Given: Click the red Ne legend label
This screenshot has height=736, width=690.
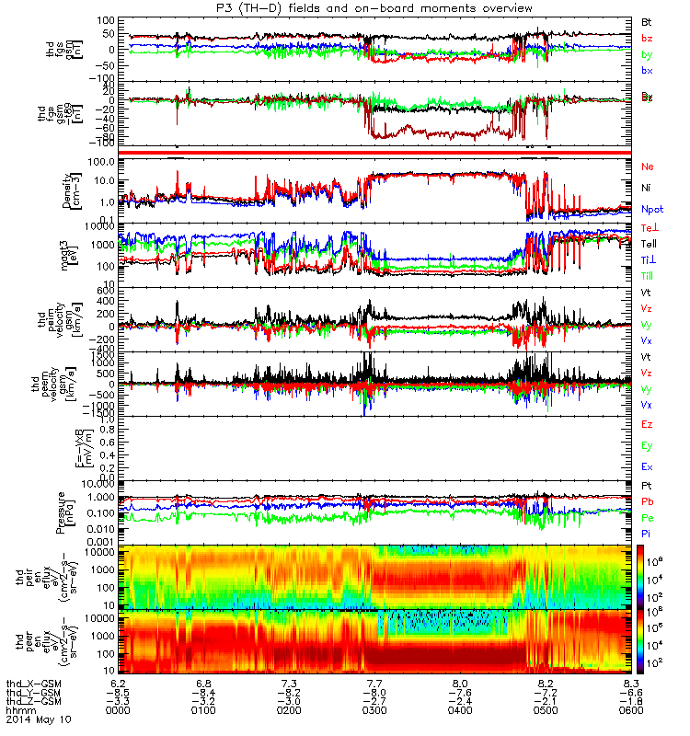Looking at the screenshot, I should tap(648, 167).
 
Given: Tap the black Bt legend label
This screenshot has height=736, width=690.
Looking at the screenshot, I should tap(647, 21).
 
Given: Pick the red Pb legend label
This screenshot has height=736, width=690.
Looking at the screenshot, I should tap(648, 501).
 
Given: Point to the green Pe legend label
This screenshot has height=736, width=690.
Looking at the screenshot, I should tap(648, 518).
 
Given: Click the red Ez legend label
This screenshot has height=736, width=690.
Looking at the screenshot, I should tap(647, 424).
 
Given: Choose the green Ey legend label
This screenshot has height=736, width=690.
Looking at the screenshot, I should tap(647, 446).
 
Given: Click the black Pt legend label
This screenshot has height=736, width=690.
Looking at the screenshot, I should tap(647, 485).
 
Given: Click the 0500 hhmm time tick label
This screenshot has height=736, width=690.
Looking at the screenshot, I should tap(546, 710).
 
